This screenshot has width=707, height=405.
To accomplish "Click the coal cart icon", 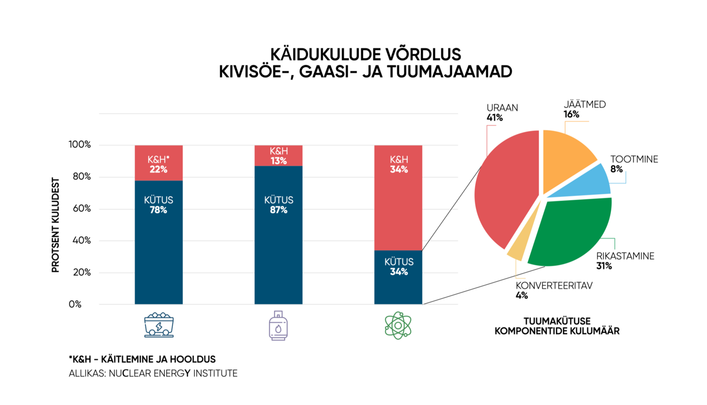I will (x=159, y=324).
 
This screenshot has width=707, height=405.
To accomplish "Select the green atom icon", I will (x=398, y=325).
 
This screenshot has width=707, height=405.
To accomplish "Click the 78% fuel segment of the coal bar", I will (x=159, y=243).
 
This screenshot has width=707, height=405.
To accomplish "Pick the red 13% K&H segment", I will (x=278, y=156).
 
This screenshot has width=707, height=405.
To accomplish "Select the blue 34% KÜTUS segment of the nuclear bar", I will (x=398, y=277).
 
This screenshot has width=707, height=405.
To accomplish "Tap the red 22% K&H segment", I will (x=159, y=163).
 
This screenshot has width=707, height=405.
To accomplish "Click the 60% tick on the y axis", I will (x=80, y=209).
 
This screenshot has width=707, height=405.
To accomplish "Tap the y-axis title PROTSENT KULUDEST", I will (x=56, y=225).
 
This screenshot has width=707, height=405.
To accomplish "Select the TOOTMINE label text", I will (x=634, y=159).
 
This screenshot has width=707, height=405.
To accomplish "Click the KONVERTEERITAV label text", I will (x=553, y=286).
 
